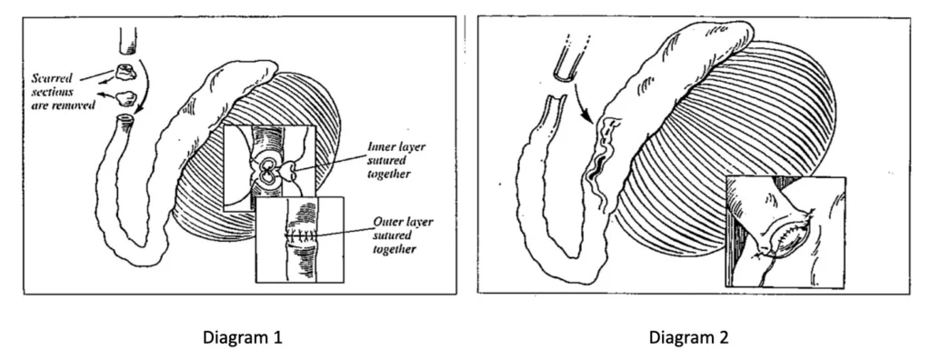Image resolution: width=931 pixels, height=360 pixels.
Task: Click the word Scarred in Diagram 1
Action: tap(52, 78)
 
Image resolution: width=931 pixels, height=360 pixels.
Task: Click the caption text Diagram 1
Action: tap(242, 338)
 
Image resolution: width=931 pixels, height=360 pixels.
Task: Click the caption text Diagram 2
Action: tap(688, 338)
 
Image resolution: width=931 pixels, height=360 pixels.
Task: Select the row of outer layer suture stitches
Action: tap(300, 235)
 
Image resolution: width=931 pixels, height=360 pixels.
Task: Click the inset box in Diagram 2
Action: tap(785, 233)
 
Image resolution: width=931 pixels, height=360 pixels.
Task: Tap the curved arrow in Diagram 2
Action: tap(581, 104)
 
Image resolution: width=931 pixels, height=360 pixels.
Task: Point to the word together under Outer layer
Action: tap(394, 249)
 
